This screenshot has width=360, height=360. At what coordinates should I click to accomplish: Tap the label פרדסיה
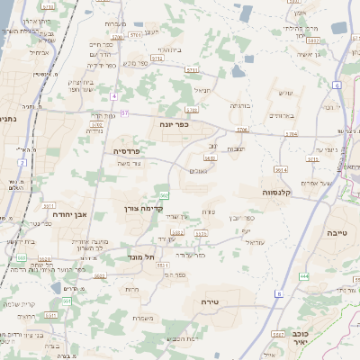127,151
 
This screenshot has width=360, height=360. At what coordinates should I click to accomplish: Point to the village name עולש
286,93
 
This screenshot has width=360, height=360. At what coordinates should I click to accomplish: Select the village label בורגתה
240,105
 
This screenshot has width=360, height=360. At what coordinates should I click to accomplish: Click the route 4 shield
115,95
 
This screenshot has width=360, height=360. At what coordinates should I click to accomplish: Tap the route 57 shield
125,113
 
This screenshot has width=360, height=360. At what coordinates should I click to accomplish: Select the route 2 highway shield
20,163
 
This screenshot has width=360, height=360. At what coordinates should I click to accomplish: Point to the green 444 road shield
304,276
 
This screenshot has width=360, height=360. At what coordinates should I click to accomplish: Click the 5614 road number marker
281,168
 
